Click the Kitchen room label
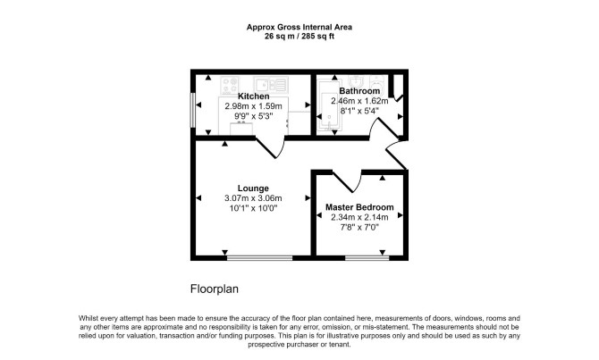pos(253,96)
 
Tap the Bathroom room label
pos(359,91)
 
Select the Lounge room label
pos(253,188)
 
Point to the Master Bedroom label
pos(359,207)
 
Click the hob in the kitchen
pos(230,86)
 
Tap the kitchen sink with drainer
pos(271,85)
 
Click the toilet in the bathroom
pos(378,83)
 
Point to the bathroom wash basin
pos(356,81)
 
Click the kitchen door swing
pos(271,148)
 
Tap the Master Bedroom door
pos(348,181)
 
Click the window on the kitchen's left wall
pos(193,110)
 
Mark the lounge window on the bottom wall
pos(260,258)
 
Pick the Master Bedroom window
pos(367,258)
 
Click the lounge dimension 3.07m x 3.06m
pos(253,198)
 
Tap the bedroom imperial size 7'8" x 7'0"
pos(359,228)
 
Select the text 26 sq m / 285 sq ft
pos(299,37)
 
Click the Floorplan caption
pos(215,289)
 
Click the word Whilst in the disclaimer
pos(89,318)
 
